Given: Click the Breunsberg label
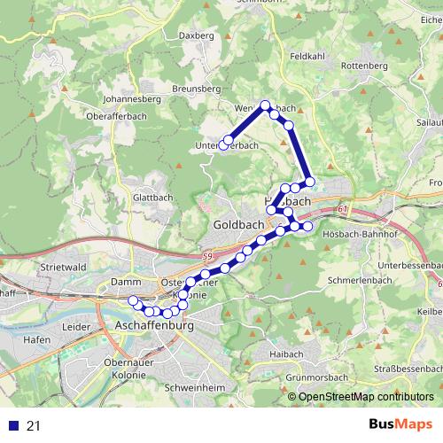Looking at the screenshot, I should tap(196, 89).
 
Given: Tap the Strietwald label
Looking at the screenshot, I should tap(61, 266).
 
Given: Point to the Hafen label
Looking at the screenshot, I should tap(37, 340).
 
